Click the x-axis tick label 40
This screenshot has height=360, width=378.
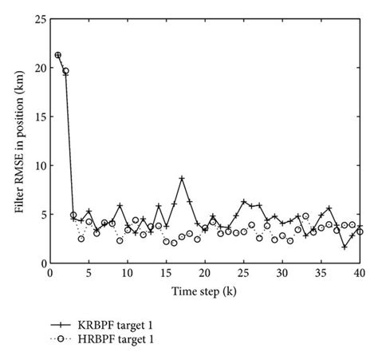coord(359,273)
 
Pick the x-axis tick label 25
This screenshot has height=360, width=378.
coord(243,273)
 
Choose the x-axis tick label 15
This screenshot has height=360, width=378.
coord(166,273)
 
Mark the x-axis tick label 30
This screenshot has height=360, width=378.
coord(282,273)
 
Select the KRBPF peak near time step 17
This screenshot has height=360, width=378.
coord(182,179)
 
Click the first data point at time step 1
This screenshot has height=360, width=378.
coord(58,55)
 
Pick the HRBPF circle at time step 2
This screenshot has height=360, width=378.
coord(65,71)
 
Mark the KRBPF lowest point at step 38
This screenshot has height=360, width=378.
coord(344,247)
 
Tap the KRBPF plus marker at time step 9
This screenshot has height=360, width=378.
coord(120,206)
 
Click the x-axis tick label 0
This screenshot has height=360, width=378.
coord(50,273)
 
